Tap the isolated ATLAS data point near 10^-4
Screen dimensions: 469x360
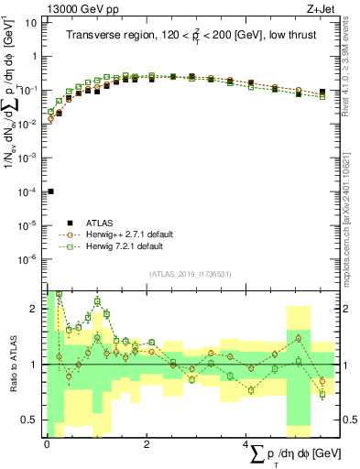pos(50,191)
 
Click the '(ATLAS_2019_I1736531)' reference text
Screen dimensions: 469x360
pos(191,274)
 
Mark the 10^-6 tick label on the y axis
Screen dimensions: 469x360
pos(27,260)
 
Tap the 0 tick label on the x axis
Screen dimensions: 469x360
pos(47,444)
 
